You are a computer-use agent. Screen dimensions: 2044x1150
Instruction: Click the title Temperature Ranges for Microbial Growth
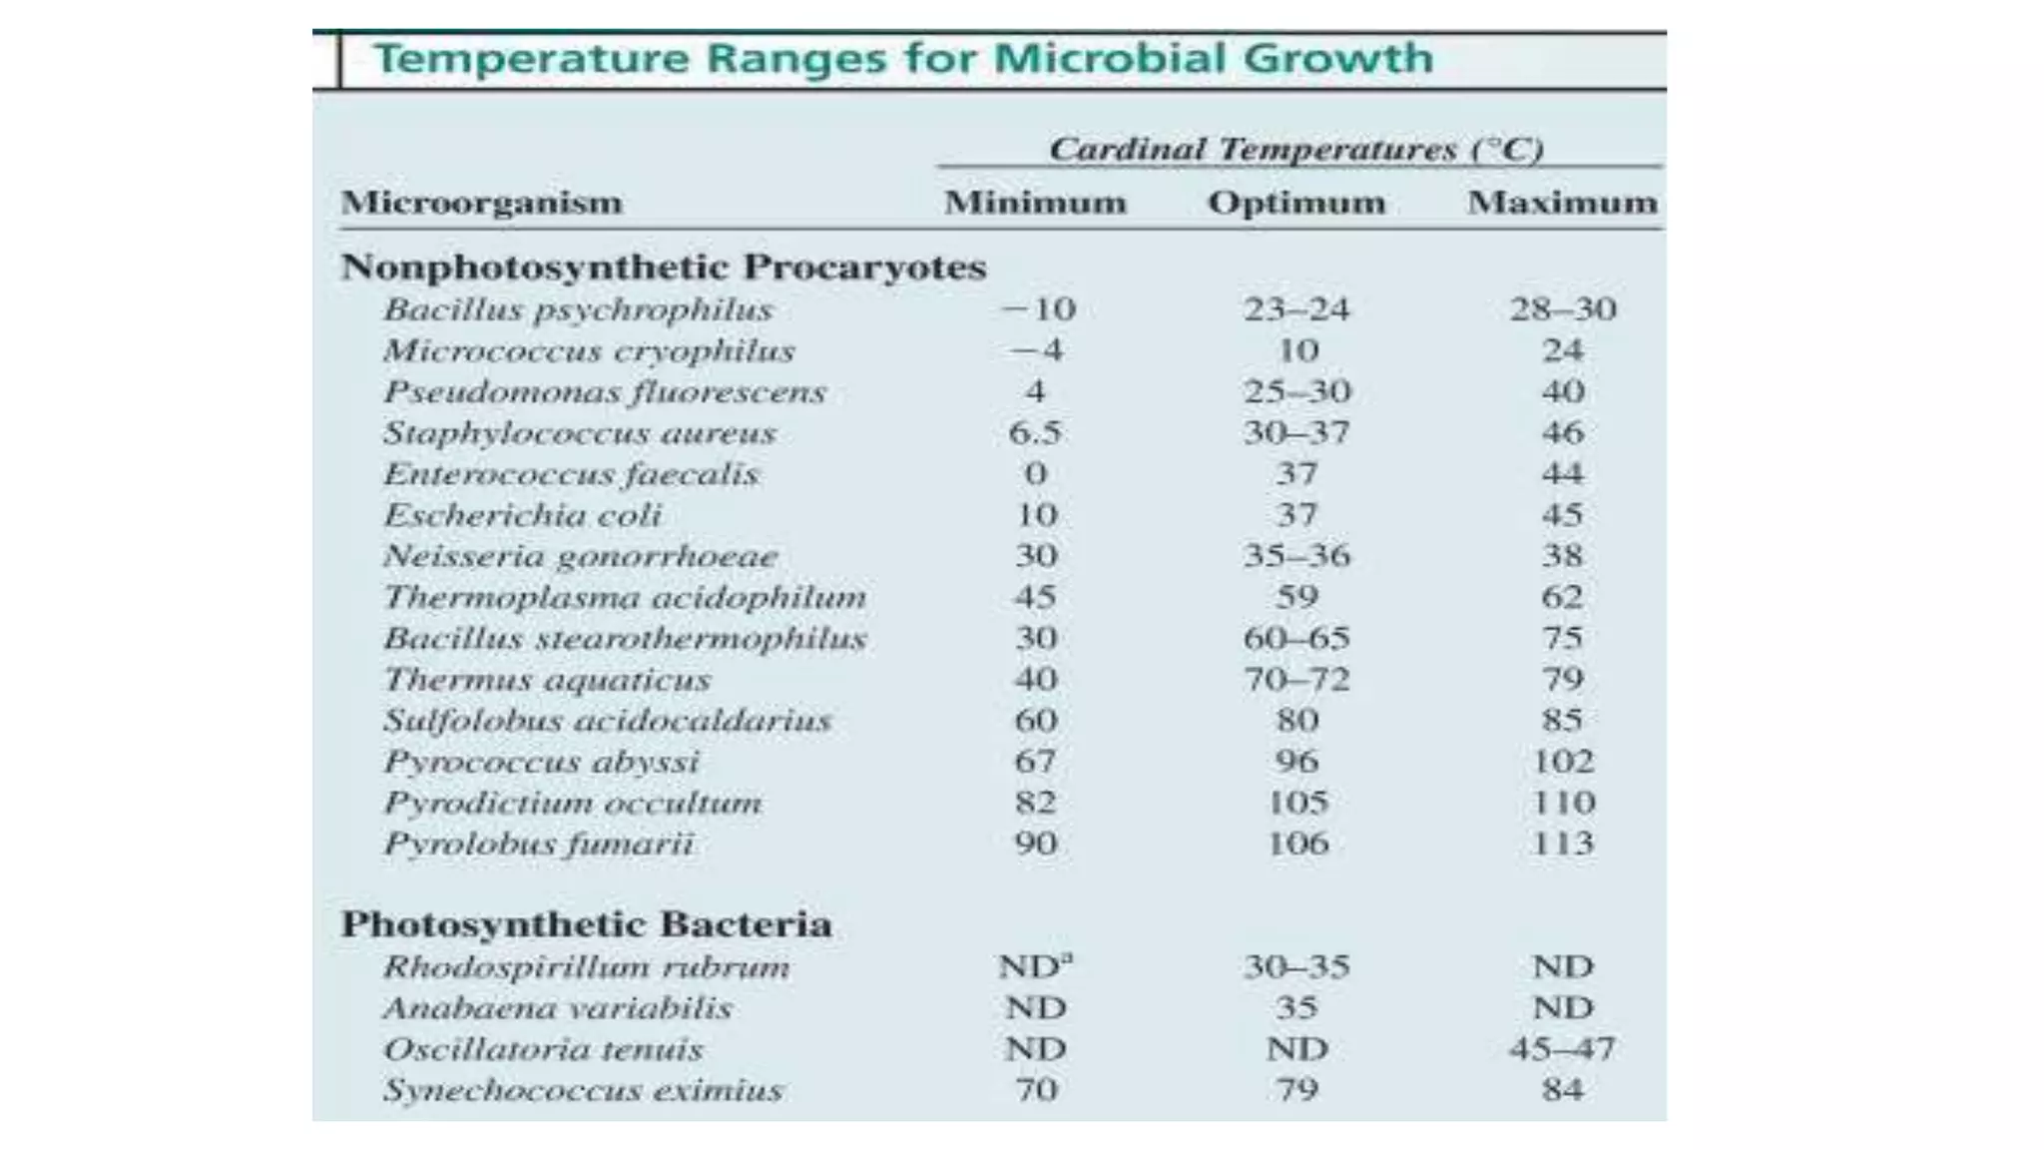pos(904,59)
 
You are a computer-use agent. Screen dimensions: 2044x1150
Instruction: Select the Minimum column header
pos(1036,203)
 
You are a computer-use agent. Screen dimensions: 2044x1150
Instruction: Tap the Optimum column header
pos(1296,204)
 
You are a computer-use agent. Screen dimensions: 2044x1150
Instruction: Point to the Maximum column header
pos(1562,203)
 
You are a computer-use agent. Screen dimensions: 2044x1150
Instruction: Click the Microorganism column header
pos(481,204)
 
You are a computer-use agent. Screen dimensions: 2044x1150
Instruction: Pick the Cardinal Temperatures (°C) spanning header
pos(1296,150)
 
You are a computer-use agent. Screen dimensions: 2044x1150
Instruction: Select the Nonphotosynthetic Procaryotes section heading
pos(664,268)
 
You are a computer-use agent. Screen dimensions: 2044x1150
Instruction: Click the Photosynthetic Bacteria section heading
pos(587,924)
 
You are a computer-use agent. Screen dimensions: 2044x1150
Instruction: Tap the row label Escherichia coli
pos(523,515)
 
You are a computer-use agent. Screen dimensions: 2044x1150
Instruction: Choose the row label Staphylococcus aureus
pos(580,433)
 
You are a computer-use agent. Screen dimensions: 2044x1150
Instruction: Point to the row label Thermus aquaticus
pos(547,680)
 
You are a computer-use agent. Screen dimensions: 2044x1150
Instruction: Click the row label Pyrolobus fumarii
pos(539,845)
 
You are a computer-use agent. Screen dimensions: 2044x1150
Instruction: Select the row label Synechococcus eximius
pos(583,1090)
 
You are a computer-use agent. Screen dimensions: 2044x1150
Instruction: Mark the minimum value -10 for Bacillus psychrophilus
pos(1038,309)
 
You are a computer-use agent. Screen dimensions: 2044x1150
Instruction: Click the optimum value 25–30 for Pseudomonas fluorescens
pos(1296,391)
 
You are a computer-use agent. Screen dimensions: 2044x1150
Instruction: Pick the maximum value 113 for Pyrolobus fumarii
pos(1563,844)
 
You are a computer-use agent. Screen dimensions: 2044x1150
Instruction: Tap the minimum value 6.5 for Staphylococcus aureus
pos(1035,433)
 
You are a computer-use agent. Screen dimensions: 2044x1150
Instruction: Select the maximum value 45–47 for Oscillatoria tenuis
pos(1562,1049)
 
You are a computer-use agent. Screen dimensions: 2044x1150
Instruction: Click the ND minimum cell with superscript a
pos(1036,965)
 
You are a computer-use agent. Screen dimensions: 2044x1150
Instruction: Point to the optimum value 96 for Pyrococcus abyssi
pos(1296,762)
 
